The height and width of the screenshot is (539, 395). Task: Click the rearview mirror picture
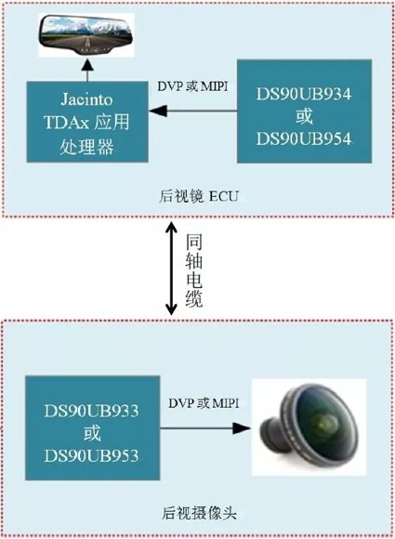[x=86, y=34]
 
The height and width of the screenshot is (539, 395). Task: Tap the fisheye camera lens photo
[x=309, y=427]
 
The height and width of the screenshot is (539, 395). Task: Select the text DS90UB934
[x=304, y=94]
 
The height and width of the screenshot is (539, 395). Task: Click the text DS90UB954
[x=304, y=138]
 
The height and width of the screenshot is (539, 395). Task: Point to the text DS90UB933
[x=91, y=411]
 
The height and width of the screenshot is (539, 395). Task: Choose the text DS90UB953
[x=91, y=455]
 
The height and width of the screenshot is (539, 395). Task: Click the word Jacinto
[x=87, y=99]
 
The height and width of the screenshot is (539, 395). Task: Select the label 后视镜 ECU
[x=198, y=196]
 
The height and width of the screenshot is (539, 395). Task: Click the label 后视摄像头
[x=199, y=513]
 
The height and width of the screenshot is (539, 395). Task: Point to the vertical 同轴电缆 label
[x=194, y=270]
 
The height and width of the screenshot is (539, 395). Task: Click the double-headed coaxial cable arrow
[x=171, y=269]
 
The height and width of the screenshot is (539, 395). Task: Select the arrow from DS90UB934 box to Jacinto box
[x=193, y=111]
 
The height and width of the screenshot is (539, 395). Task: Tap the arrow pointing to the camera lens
[x=205, y=428]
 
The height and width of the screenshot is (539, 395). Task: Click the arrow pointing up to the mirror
[x=88, y=70]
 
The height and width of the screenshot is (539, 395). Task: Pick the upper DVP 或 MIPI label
[x=192, y=85]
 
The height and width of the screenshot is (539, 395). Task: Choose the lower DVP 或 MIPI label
[x=204, y=403]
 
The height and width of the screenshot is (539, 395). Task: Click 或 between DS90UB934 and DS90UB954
[x=304, y=116]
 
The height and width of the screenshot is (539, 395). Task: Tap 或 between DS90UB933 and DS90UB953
[x=92, y=433]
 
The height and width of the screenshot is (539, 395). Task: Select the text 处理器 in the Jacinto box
[x=86, y=147]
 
